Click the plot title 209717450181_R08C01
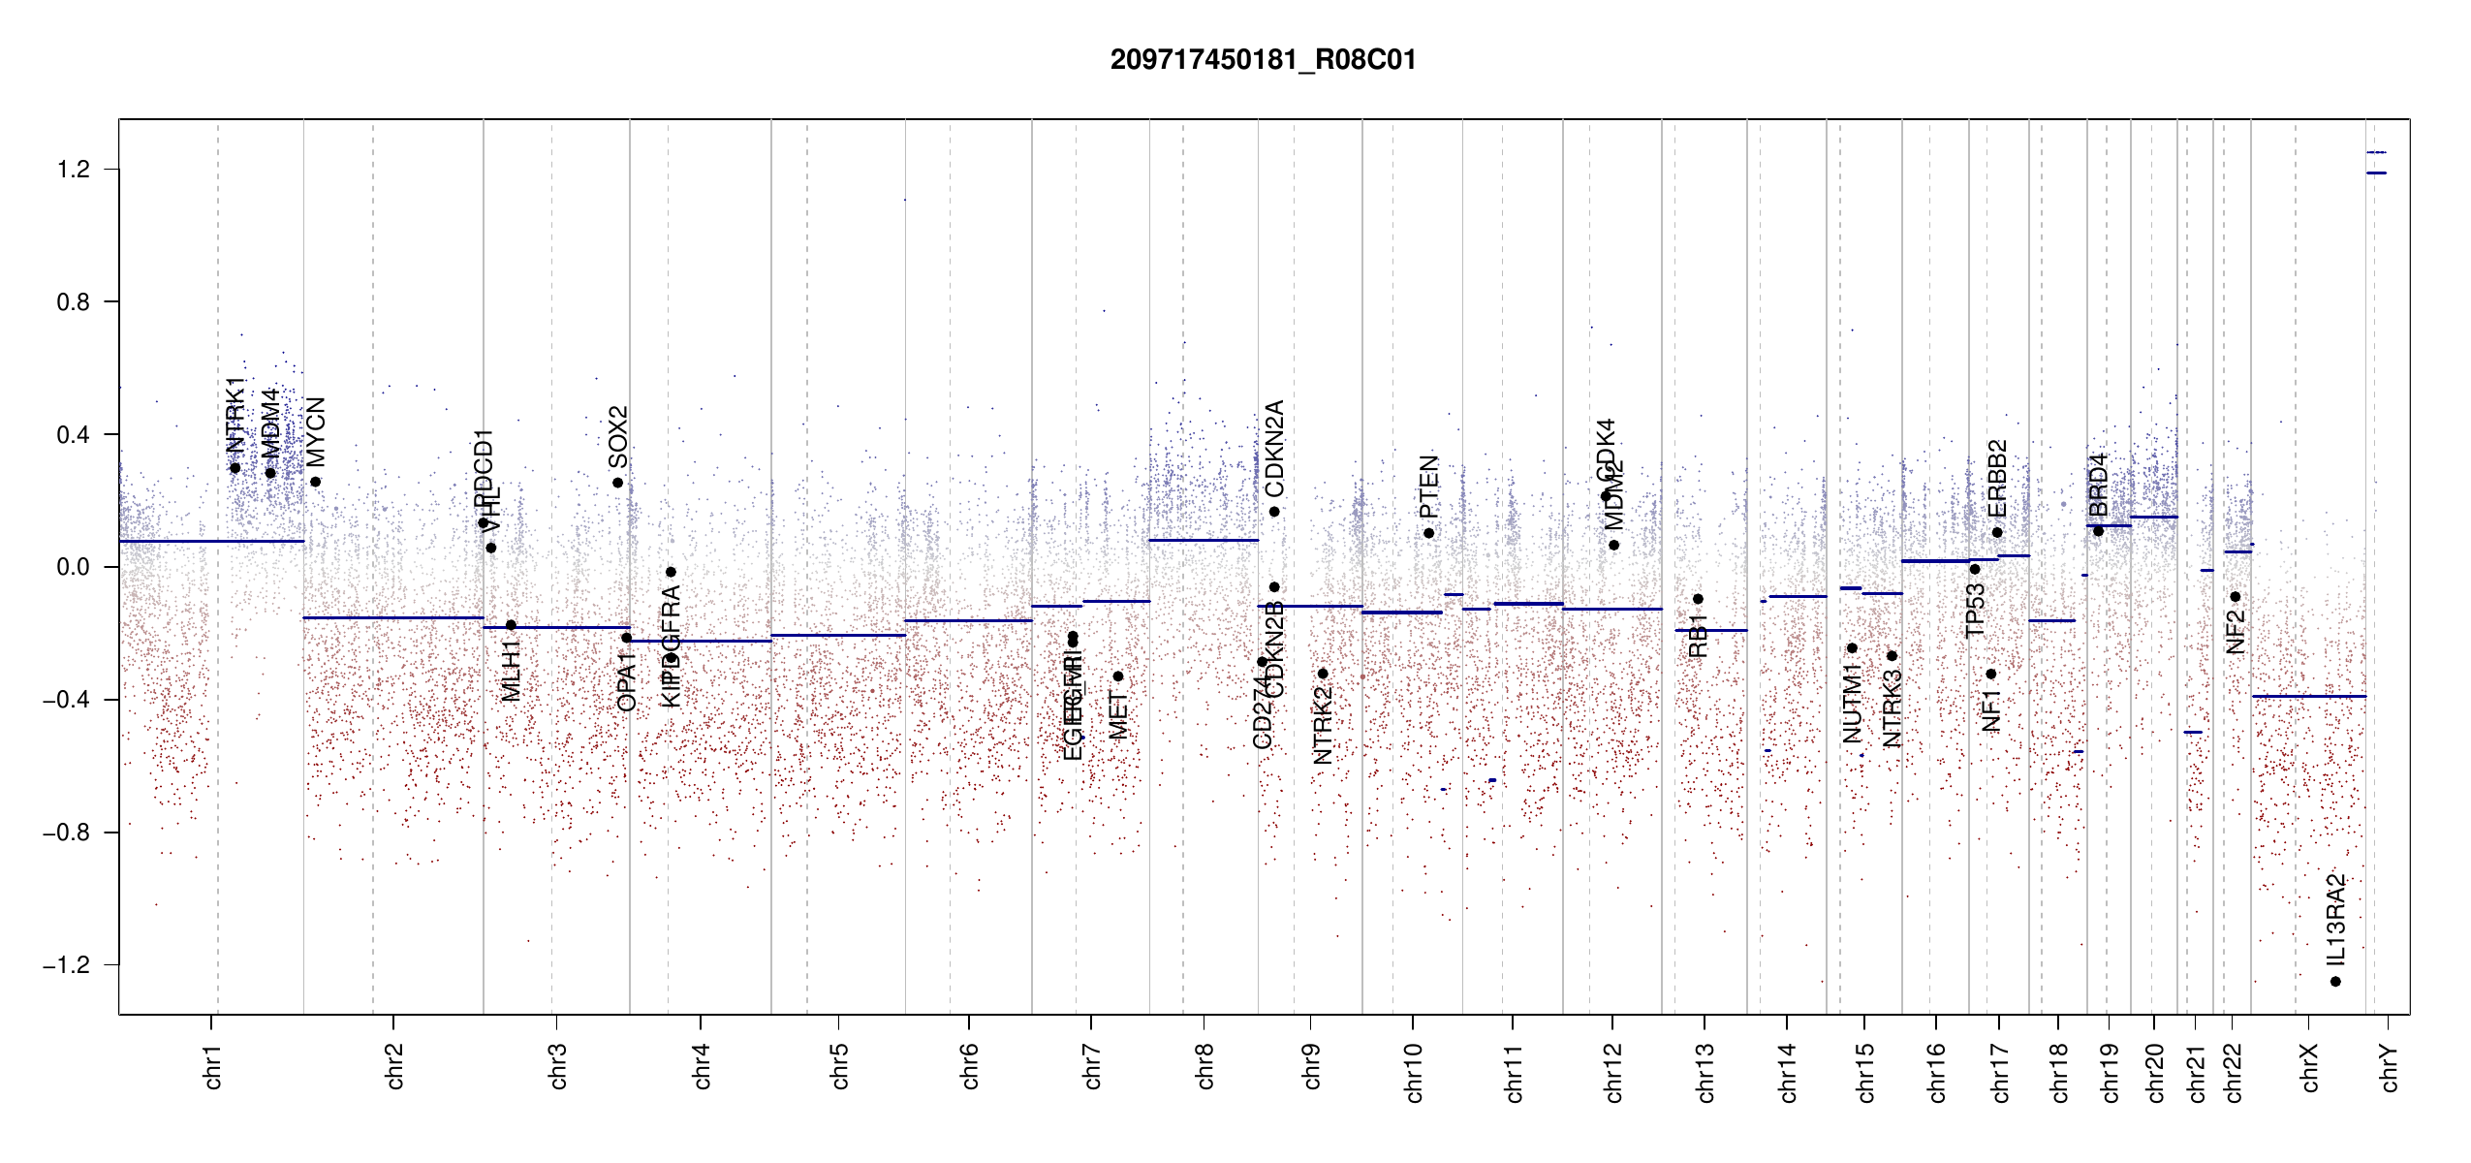[x=1263, y=60]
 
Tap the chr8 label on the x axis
[x=1204, y=1066]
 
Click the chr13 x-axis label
[x=1705, y=1072]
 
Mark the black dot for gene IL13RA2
[x=2335, y=982]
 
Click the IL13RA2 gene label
[x=2335, y=920]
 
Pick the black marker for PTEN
[x=1428, y=533]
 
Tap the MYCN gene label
[x=315, y=432]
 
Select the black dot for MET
[x=1117, y=676]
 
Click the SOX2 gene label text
[x=617, y=437]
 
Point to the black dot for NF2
[x=2235, y=597]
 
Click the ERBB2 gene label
[x=1996, y=479]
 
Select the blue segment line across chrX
[x=2308, y=696]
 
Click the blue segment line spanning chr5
[x=838, y=635]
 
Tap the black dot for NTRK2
[x=1323, y=674]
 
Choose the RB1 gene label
[x=1697, y=635]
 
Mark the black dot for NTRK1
[x=235, y=468]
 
